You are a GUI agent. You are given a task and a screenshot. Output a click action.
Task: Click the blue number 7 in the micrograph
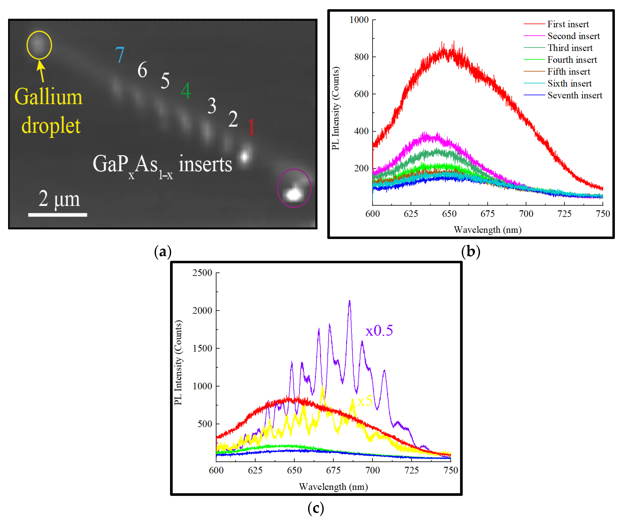[x=120, y=55]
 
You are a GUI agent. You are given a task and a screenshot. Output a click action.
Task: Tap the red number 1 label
[x=251, y=127]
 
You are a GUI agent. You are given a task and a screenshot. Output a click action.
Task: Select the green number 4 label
[x=186, y=91]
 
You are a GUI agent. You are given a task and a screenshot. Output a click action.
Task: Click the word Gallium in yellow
[x=48, y=97]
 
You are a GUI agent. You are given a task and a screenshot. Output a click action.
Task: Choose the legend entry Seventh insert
[x=574, y=95]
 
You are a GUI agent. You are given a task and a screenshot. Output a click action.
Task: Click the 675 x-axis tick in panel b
[x=487, y=214]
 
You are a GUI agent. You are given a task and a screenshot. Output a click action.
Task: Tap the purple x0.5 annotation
[x=379, y=331]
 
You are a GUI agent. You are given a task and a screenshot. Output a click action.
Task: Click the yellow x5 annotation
[x=365, y=401]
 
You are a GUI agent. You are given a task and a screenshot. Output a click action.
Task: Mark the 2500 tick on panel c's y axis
[x=202, y=272]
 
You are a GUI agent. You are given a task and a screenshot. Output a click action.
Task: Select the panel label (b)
[x=470, y=252]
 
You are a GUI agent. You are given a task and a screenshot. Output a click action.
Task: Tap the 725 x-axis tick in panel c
[x=412, y=470]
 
